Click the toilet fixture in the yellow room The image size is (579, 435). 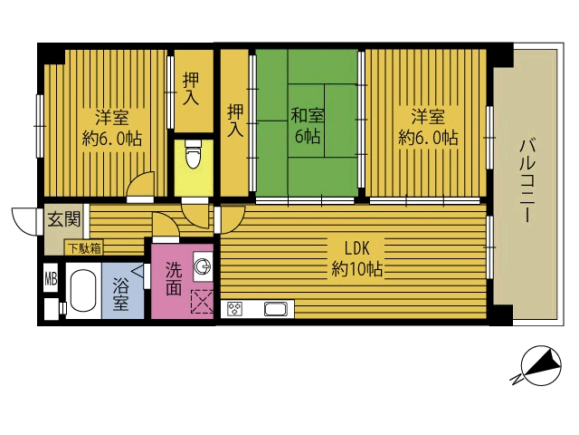(194, 154)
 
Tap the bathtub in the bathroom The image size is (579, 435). (83, 290)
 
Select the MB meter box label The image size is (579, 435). (51, 279)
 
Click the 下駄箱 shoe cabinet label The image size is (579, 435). (85, 248)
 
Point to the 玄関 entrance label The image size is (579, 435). (64, 219)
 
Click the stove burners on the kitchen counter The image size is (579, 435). (234, 309)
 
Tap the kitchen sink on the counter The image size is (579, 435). (276, 309)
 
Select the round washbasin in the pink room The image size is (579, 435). (203, 266)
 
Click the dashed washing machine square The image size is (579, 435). (202, 302)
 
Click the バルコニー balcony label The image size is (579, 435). (527, 180)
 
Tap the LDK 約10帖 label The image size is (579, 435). (356, 258)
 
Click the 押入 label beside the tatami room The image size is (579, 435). (235, 121)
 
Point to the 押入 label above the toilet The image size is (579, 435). (191, 89)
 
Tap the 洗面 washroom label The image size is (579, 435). (174, 278)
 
